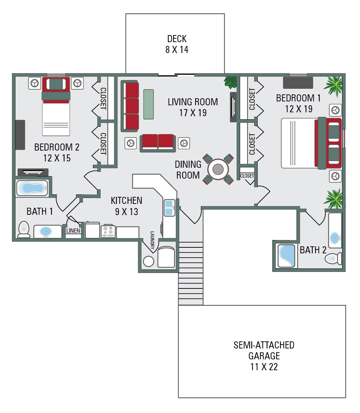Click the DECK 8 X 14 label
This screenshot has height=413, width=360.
pos(177,44)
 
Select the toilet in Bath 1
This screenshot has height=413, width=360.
pos(24,229)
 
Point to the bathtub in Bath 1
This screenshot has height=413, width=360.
pos(32,188)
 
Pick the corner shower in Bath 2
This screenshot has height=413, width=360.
pos(286,256)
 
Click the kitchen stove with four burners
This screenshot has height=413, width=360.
pos(108,231)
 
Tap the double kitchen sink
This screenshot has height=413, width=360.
pos(169,207)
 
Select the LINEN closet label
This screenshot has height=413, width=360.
pos(74,231)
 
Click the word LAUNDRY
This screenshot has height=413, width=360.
pos(152,240)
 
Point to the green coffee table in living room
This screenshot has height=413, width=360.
pos(149,104)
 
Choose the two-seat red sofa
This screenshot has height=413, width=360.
pos(158,142)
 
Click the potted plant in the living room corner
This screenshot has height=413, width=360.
pos(231,82)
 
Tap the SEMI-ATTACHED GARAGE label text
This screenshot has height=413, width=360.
pos(264,351)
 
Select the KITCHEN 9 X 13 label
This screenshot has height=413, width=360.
pos(127,206)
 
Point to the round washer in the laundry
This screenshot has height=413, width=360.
pos(149,261)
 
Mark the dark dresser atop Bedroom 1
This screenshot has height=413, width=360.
pos(298,83)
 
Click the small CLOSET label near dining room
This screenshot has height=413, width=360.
pos(247,176)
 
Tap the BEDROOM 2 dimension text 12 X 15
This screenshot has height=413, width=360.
pos(57,158)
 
